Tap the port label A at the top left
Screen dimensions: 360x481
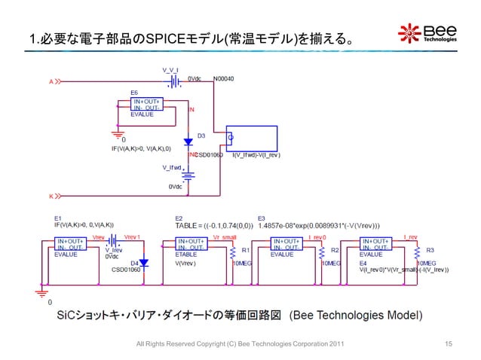pyautogui.click(x=51, y=81)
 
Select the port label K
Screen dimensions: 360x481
pyautogui.click(x=51, y=197)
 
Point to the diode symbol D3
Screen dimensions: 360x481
pyautogui.click(x=188, y=142)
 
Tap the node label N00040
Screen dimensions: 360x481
pyautogui.click(x=224, y=78)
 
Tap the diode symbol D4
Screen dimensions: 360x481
pyautogui.click(x=145, y=264)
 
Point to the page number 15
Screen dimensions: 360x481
pyautogui.click(x=448, y=344)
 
